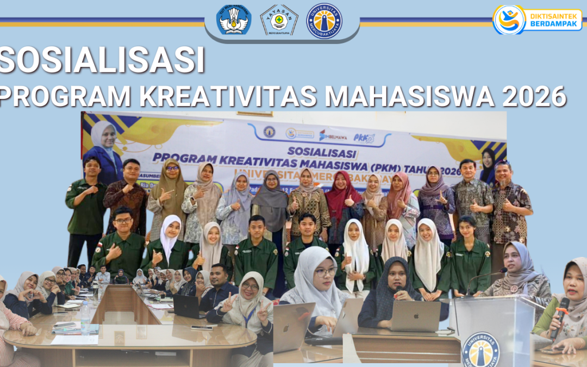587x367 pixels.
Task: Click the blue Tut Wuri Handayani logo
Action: (x=234, y=20)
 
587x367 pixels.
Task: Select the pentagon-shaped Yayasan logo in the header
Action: (x=279, y=20)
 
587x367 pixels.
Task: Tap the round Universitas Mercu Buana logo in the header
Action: (x=324, y=21)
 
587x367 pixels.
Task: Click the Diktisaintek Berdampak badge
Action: (x=537, y=20)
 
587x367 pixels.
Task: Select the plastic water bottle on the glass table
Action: (x=85, y=318)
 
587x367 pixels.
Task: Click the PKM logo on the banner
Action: (x=364, y=138)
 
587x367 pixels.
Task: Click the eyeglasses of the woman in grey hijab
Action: (x=325, y=271)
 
